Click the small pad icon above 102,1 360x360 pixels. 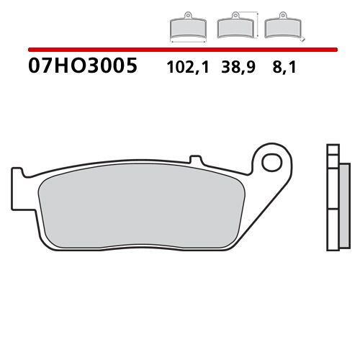188,27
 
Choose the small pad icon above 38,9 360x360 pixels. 234,27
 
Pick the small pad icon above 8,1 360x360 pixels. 282,27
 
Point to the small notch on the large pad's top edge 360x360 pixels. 192,158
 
